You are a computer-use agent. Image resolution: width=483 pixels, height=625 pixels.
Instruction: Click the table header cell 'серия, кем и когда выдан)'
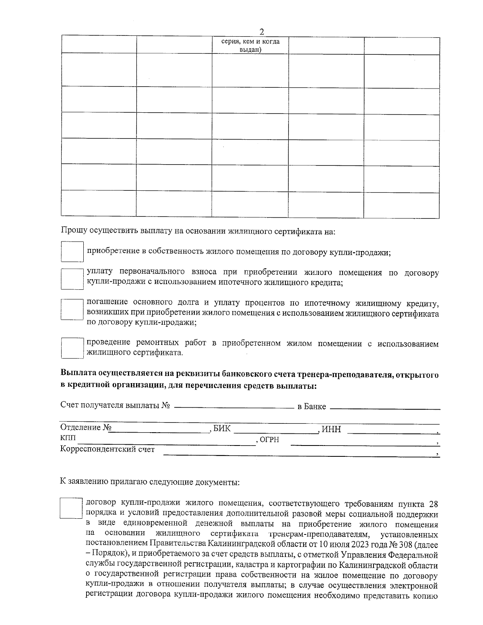point(250,45)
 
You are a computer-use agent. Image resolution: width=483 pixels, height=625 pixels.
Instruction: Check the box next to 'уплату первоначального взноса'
point(72,278)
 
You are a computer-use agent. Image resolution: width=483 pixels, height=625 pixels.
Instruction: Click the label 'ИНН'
point(332,429)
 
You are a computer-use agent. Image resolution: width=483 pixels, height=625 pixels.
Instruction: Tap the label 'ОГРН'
point(269,440)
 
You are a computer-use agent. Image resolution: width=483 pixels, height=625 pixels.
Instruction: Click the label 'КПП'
point(67,438)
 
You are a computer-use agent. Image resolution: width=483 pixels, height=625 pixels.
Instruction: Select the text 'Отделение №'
point(85,427)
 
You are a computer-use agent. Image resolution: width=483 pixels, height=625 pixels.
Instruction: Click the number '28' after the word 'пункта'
point(433,504)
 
